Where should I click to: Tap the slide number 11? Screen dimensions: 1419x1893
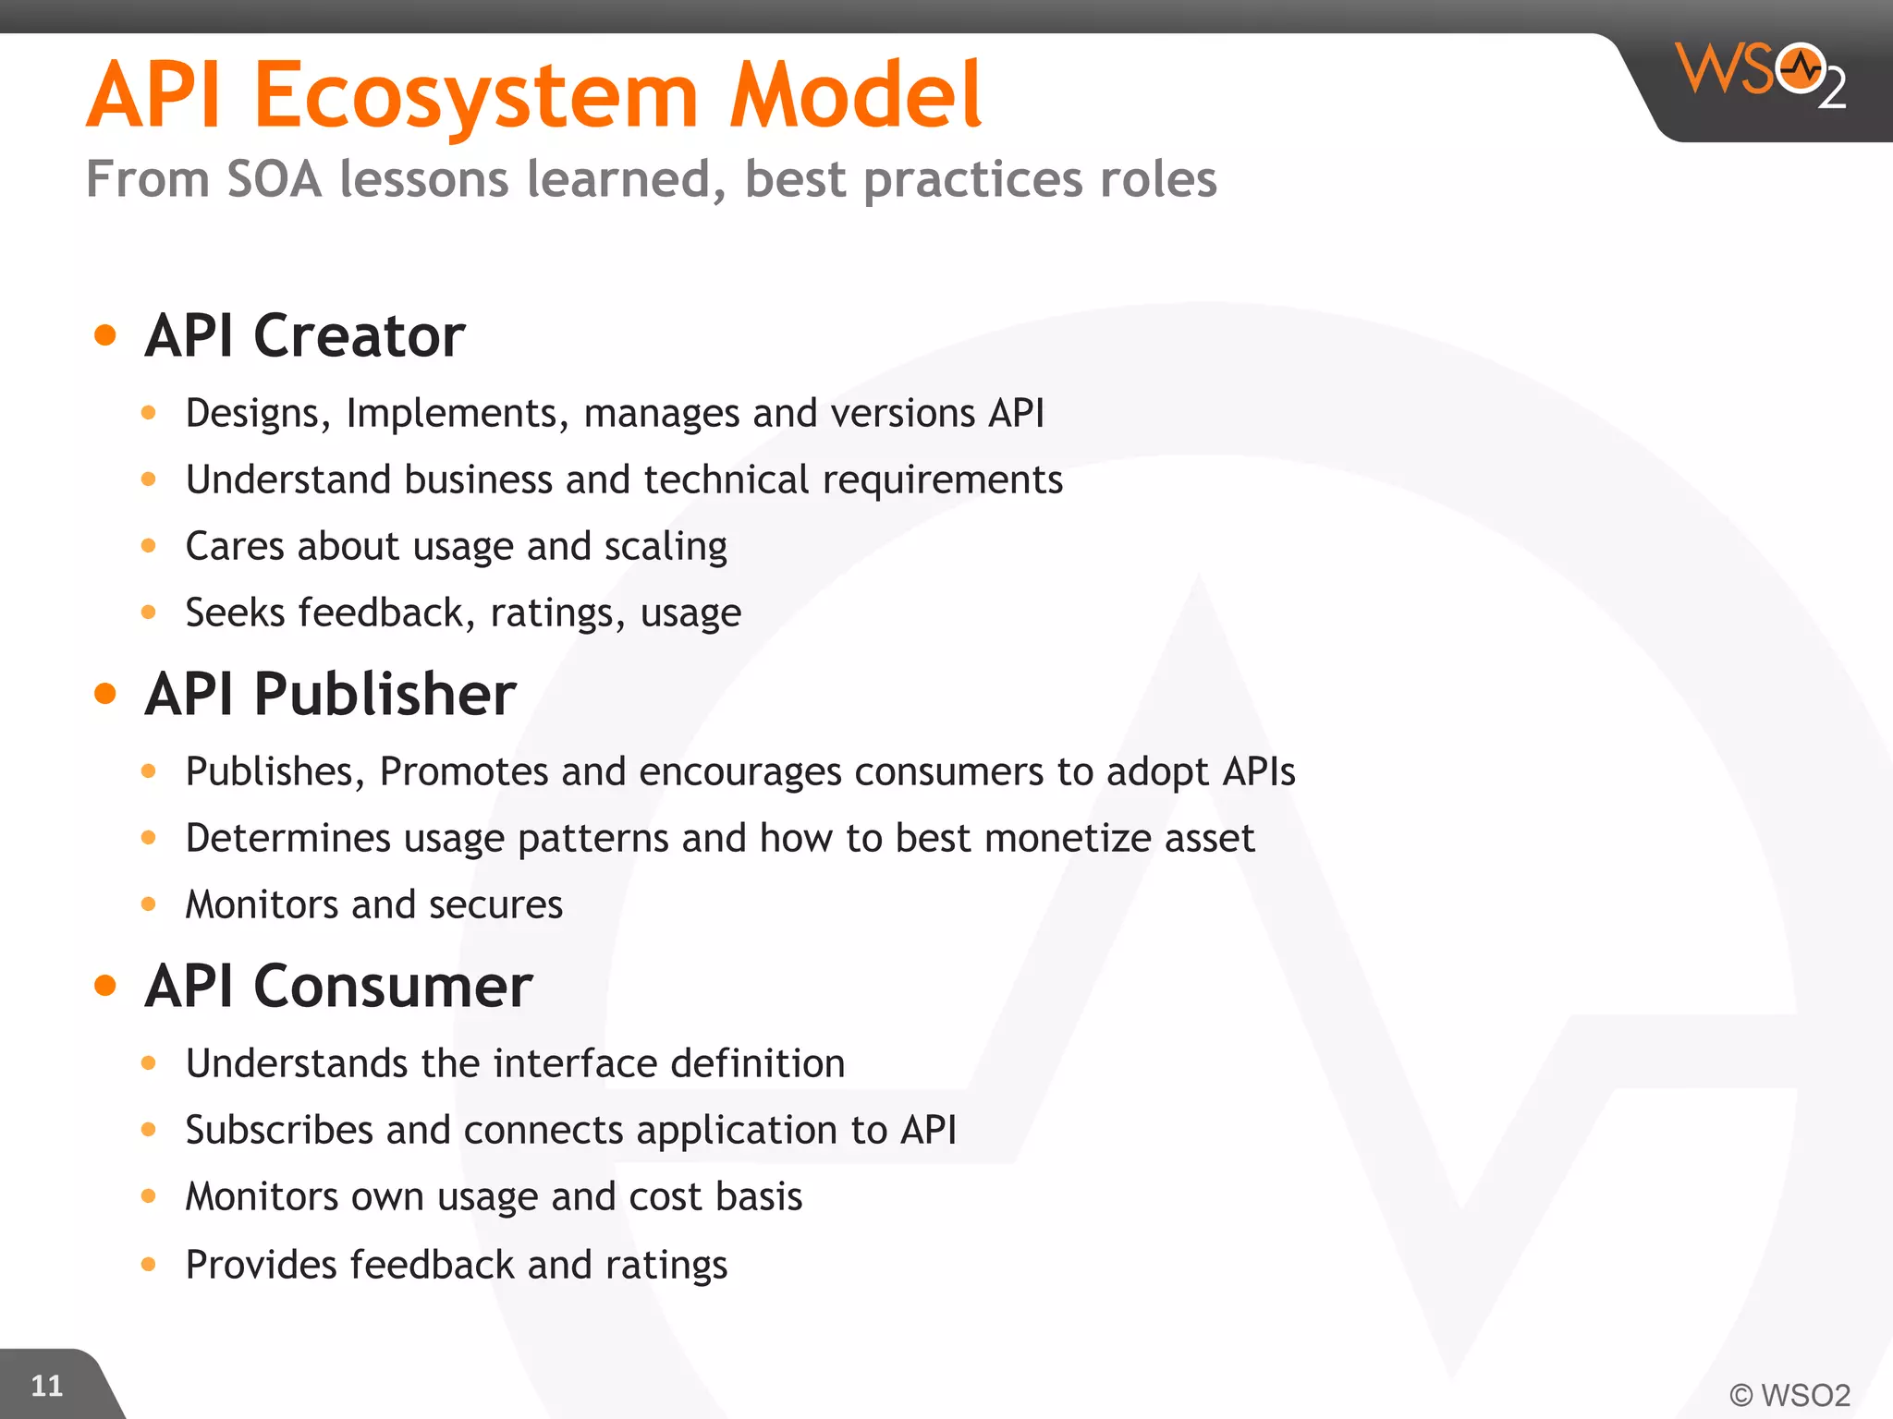[x=46, y=1385]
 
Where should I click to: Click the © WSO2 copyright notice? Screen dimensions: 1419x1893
[x=1789, y=1394]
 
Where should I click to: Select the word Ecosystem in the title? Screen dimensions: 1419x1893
[x=476, y=96]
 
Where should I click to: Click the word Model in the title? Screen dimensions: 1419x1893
[x=855, y=94]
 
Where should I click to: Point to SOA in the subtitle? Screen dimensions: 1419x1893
[x=275, y=178]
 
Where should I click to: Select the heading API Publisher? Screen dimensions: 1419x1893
[x=330, y=693]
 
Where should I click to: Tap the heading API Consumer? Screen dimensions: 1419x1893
[x=338, y=986]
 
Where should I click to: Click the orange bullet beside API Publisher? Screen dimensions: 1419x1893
[x=105, y=693]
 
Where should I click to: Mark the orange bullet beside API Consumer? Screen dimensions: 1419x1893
[x=105, y=986]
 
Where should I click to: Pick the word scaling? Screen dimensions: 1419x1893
[x=666, y=547]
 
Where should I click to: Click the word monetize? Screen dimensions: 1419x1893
[x=1068, y=838]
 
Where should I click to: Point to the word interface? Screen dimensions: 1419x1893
[x=576, y=1063]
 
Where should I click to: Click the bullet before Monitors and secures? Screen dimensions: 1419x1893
[x=149, y=904]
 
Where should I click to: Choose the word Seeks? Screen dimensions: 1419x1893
[x=235, y=612]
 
